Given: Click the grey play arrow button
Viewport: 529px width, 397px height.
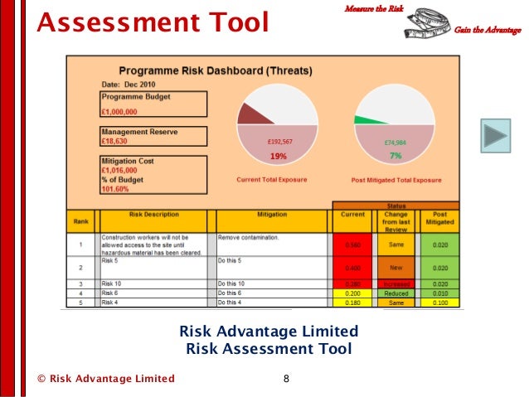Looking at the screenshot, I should (x=496, y=136).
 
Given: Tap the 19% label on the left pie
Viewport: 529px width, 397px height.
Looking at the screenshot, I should (x=279, y=156).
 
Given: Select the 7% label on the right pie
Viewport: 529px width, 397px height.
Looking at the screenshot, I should (x=396, y=156).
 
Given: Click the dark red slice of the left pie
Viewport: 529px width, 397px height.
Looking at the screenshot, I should (x=250, y=114).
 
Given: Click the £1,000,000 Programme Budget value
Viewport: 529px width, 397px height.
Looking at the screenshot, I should (x=120, y=111).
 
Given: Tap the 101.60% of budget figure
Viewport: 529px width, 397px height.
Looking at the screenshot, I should (x=115, y=188).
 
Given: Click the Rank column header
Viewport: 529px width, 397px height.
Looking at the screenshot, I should (x=81, y=220).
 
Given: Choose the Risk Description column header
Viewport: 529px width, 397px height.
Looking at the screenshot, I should (x=154, y=215).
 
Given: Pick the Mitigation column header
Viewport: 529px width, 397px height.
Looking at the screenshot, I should (x=272, y=215).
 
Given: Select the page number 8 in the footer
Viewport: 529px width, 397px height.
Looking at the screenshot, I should (x=286, y=379).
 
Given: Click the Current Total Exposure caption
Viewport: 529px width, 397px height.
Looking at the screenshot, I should (x=272, y=180).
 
